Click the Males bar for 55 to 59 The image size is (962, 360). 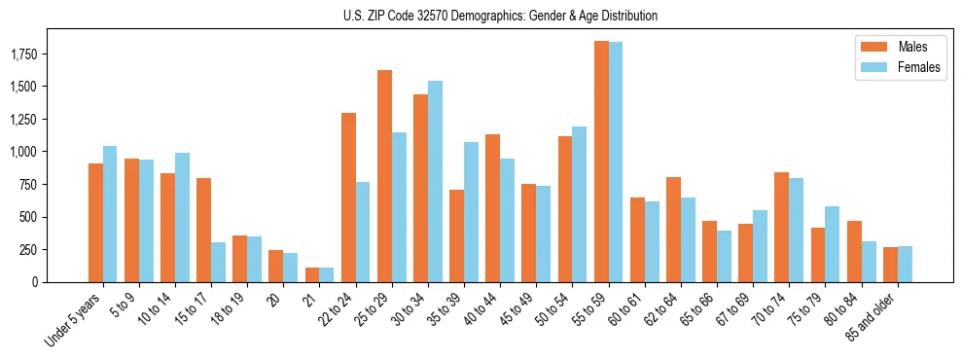coord(601,162)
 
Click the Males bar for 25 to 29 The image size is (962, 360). coord(384,176)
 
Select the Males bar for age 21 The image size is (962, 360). coord(312,274)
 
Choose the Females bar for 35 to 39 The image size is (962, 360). coord(471,212)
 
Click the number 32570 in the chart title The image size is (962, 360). coord(459,16)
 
